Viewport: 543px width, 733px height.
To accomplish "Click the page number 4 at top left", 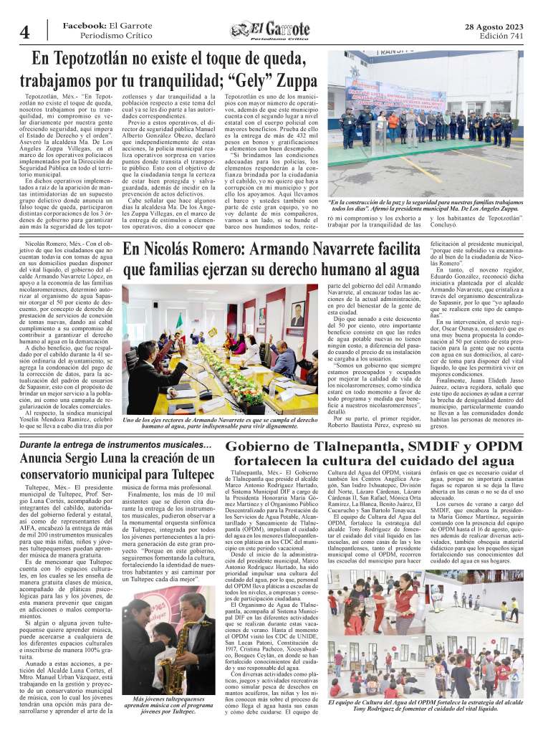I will point(24,33).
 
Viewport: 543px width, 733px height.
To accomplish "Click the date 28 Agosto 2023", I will point(494,25).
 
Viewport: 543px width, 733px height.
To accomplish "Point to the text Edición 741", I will point(501,35).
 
